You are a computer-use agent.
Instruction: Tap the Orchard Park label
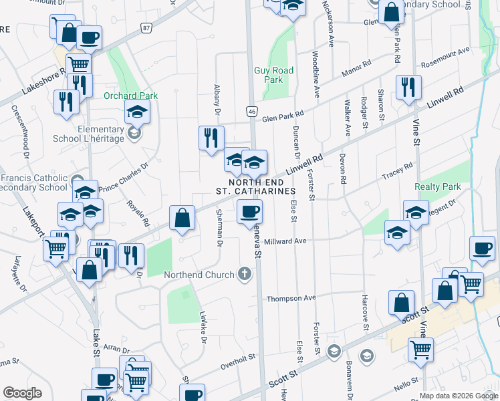(x=130, y=96)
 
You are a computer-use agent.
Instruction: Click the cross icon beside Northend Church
(x=245, y=274)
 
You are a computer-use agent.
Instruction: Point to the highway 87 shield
(x=146, y=27)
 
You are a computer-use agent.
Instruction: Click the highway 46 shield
(x=251, y=112)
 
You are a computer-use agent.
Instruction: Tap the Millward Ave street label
(x=285, y=241)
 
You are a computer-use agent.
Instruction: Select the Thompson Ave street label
(x=291, y=298)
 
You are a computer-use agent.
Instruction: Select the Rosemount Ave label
(x=445, y=54)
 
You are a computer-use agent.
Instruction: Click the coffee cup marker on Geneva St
(x=250, y=213)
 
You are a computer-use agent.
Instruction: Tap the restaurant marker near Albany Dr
(x=211, y=138)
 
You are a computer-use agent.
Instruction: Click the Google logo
(x=23, y=393)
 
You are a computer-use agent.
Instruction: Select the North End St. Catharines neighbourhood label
(x=255, y=186)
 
